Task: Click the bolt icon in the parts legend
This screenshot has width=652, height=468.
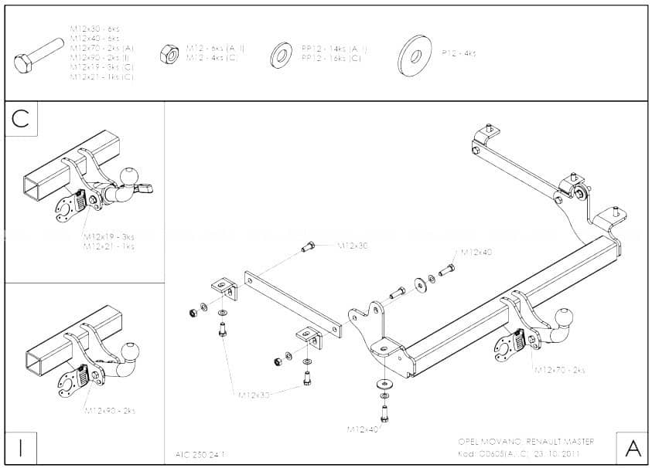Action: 39,56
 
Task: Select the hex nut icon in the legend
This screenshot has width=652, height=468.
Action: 168,53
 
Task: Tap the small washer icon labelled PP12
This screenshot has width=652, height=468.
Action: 281,55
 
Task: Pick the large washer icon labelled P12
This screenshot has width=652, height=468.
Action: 415,55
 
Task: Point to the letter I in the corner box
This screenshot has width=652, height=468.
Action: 21,446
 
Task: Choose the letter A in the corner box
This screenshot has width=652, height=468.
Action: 632,447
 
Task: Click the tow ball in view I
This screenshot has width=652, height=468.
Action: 131,353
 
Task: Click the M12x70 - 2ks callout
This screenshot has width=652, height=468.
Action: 559,370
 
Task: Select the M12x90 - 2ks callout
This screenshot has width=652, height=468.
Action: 110,410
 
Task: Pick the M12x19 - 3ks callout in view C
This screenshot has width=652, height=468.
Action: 109,236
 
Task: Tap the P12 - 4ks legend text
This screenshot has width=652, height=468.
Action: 459,53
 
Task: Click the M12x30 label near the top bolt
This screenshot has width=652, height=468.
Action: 353,246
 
